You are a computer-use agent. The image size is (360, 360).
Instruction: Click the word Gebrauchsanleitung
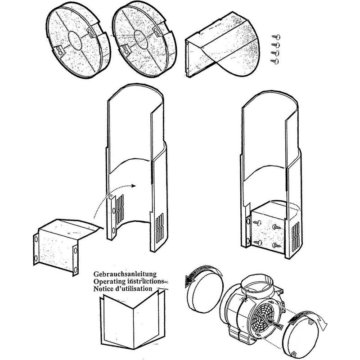tap(124, 274)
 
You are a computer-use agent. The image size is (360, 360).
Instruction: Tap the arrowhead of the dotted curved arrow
tap(134, 185)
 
